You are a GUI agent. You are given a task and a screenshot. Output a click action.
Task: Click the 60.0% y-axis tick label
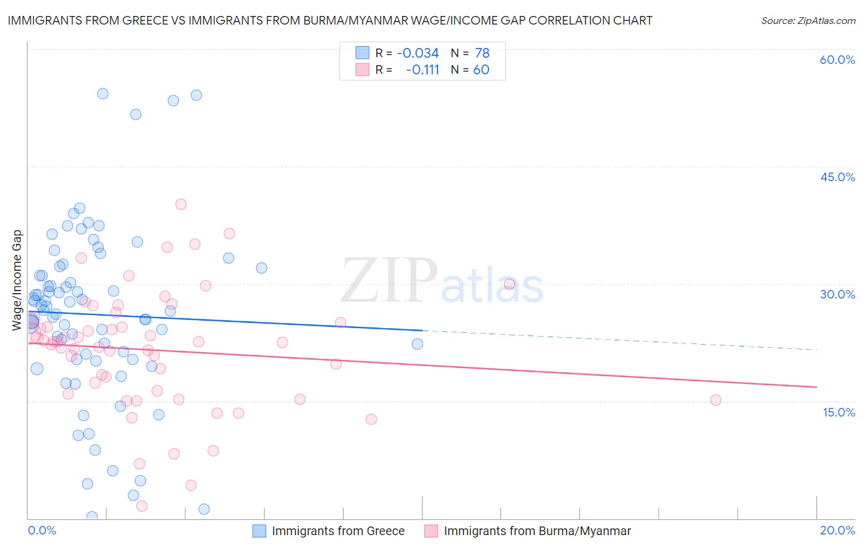pyautogui.click(x=837, y=60)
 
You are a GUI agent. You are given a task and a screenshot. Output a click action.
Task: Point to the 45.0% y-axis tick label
pyautogui.click(x=837, y=177)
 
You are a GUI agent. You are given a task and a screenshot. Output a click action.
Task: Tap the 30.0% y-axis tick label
pyautogui.click(x=837, y=294)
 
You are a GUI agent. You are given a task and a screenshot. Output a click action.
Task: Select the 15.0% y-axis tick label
pyautogui.click(x=838, y=412)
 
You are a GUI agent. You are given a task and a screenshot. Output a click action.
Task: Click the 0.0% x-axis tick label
pyautogui.click(x=42, y=530)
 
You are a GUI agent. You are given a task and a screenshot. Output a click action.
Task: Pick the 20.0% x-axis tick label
pyautogui.click(x=837, y=530)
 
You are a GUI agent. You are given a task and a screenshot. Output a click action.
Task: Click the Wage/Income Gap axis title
pyautogui.click(x=17, y=280)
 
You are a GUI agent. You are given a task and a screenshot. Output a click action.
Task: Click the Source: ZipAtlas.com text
pyautogui.click(x=808, y=20)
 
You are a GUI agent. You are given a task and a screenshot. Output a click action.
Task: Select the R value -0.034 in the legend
pyautogui.click(x=417, y=53)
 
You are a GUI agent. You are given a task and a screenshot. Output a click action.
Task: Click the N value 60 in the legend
pyautogui.click(x=481, y=70)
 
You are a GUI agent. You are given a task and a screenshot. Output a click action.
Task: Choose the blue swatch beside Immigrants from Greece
pyautogui.click(x=260, y=531)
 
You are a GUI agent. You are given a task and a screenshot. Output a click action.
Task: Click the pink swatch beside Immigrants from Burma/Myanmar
pyautogui.click(x=431, y=531)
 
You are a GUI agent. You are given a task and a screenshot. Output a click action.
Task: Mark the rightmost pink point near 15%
pyautogui.click(x=716, y=400)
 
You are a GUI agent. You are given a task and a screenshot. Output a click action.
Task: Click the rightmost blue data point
pyautogui.click(x=417, y=344)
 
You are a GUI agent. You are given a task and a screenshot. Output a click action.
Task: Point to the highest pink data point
pyautogui.click(x=180, y=204)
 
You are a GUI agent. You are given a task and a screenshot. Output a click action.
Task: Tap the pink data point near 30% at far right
pyautogui.click(x=509, y=284)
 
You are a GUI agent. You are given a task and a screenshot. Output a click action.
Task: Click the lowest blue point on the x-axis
pyautogui.click(x=92, y=517)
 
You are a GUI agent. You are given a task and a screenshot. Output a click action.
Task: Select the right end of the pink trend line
pyautogui.click(x=816, y=387)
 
